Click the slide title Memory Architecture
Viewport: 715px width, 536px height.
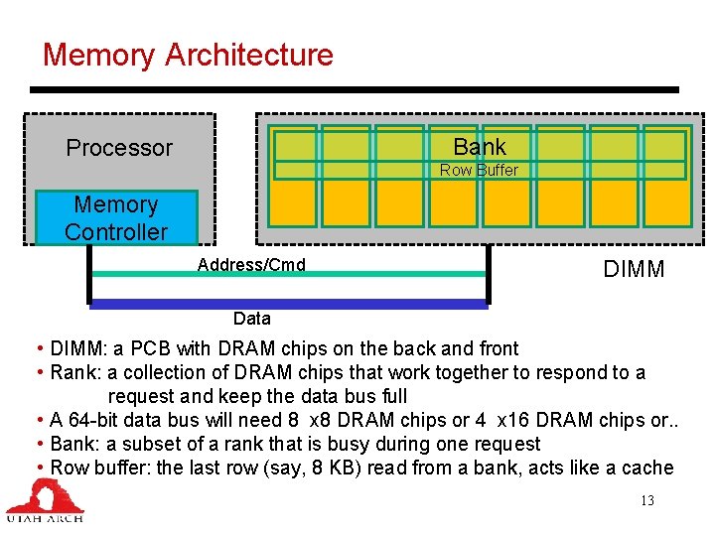[x=188, y=55]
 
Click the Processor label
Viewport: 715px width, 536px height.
[x=119, y=148]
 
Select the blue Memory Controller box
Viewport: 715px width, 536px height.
[x=116, y=218]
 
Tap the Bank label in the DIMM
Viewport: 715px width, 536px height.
[x=479, y=147]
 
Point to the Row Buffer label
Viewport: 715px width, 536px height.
[x=479, y=170]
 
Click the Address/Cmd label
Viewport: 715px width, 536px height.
[x=251, y=264]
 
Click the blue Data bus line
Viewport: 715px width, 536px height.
[x=288, y=304]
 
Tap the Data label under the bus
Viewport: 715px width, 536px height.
[x=251, y=319]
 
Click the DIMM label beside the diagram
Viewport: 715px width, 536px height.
[x=634, y=270]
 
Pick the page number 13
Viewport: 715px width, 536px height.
[x=646, y=500]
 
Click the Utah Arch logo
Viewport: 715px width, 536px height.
[x=46, y=500]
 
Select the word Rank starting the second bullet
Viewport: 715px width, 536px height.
[x=73, y=372]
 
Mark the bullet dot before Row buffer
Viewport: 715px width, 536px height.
[x=38, y=468]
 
